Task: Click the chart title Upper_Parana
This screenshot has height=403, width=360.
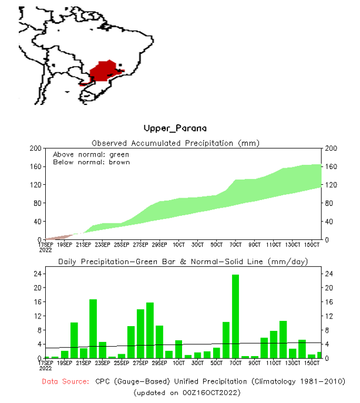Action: (x=175, y=128)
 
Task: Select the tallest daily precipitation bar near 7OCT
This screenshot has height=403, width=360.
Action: (x=235, y=316)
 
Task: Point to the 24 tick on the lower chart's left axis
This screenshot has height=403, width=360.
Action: (x=36, y=274)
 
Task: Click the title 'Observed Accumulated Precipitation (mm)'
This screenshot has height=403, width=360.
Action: (x=176, y=143)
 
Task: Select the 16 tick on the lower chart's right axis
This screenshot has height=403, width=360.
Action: (x=330, y=302)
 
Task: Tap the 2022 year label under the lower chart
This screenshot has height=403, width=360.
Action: (x=46, y=369)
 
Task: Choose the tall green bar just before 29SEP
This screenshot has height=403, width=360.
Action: (x=150, y=330)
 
